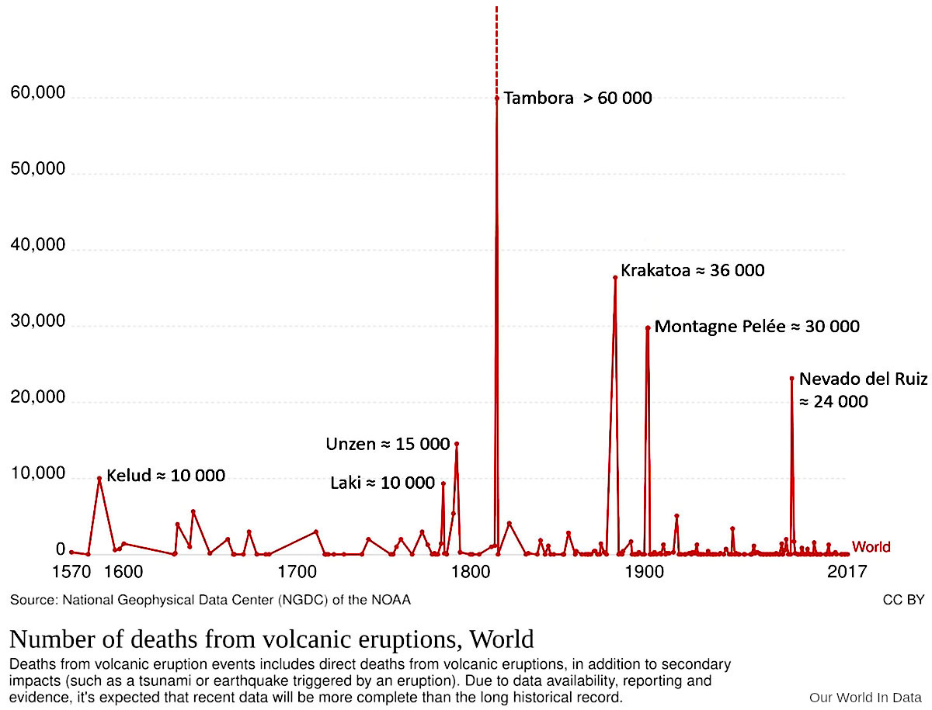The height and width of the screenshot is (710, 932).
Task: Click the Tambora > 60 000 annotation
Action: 577,99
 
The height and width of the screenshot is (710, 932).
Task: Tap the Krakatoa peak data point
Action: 615,277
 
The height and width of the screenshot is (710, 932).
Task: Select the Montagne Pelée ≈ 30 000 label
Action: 756,327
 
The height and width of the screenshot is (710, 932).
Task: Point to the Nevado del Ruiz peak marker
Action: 791,378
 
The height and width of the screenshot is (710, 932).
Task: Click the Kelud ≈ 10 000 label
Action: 165,476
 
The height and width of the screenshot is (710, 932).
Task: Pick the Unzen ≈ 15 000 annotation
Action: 388,444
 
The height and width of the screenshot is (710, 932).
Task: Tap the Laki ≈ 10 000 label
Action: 382,483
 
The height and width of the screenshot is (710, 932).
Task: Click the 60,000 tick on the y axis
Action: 37,94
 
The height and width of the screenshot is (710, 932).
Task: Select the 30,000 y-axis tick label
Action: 37,322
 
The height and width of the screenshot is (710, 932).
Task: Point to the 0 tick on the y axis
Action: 60,550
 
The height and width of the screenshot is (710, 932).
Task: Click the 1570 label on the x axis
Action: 70,573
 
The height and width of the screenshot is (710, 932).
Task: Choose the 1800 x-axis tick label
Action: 468,573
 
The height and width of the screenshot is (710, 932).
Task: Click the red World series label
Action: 871,547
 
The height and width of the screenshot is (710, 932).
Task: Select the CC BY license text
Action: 903,600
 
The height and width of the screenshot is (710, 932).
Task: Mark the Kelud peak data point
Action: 99,478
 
